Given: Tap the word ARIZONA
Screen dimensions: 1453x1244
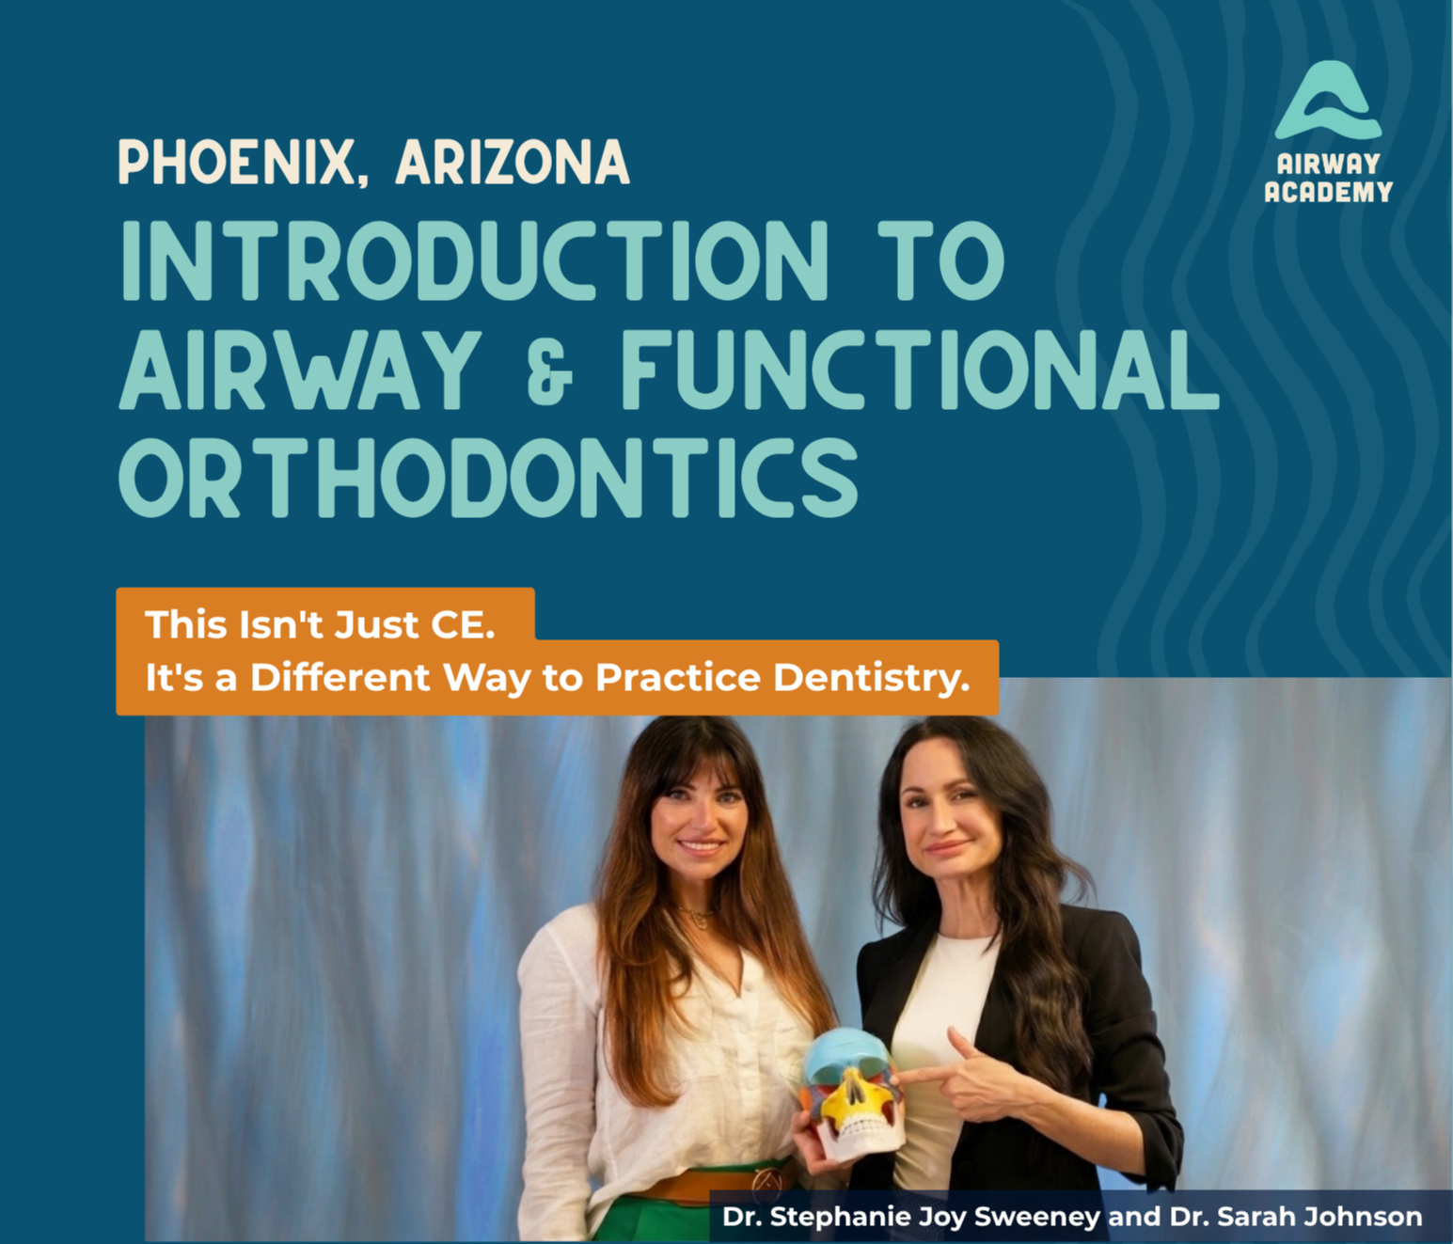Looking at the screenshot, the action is [513, 162].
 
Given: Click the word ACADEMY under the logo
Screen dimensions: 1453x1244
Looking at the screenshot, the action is [1328, 192].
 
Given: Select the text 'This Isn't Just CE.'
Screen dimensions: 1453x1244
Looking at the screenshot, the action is [320, 624].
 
